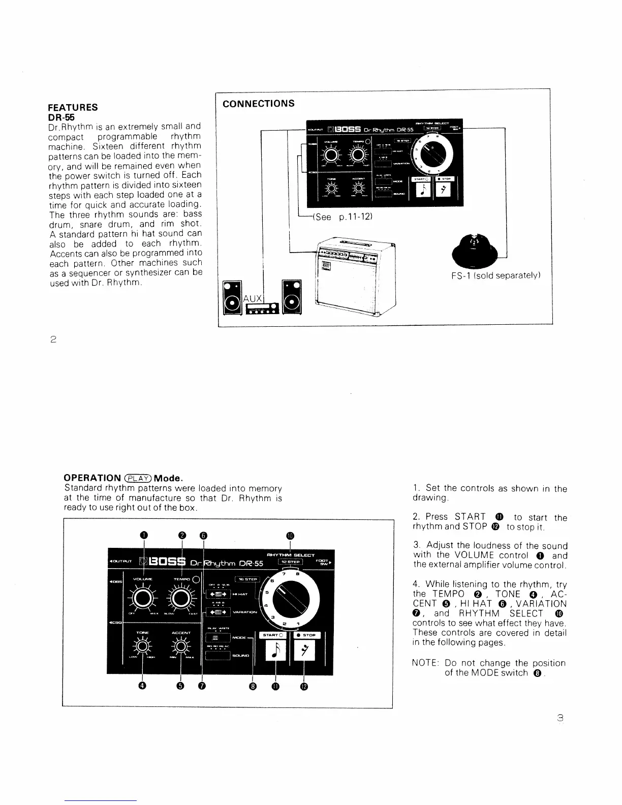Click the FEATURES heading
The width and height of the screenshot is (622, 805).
73,107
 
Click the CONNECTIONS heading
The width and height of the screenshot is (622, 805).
259,104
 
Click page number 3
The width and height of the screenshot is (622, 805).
561,719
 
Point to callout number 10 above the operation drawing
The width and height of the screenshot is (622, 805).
290,535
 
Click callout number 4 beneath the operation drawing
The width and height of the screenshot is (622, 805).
143,686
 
